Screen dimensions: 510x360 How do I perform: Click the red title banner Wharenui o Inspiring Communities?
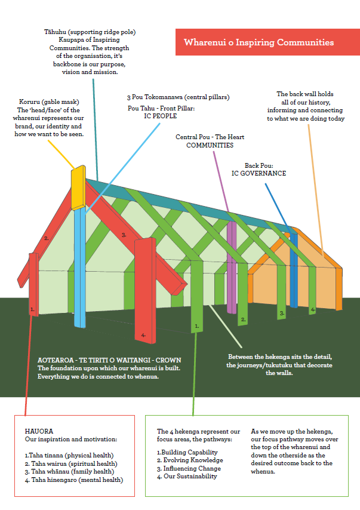click(x=259, y=42)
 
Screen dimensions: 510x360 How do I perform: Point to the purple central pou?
click(x=231, y=263)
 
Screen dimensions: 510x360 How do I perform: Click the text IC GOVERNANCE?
click(x=259, y=173)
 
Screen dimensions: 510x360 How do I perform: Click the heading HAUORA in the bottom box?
click(x=39, y=431)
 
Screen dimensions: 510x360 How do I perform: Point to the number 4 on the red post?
click(x=143, y=335)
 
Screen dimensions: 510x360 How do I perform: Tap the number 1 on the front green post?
click(x=196, y=327)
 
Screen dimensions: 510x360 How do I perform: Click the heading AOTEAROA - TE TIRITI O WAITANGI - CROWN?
click(x=109, y=361)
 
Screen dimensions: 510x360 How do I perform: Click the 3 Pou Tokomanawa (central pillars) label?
click(x=178, y=97)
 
